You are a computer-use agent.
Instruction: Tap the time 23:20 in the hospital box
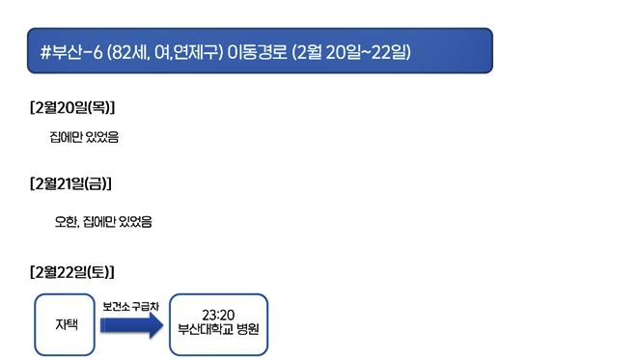pyautogui.click(x=218, y=315)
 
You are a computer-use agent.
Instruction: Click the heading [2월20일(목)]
pyautogui.click(x=79, y=106)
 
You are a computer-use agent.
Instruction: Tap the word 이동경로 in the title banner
pyautogui.click(x=257, y=52)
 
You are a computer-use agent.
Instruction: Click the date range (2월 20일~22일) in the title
pyautogui.click(x=350, y=52)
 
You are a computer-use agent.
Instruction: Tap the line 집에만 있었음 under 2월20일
pyautogui.click(x=84, y=137)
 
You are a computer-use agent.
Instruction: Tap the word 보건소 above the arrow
pyautogui.click(x=116, y=306)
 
